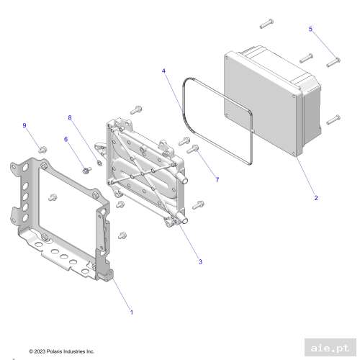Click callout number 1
(131, 312)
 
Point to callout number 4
(164, 71)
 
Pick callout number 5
(311, 30)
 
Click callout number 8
(71, 117)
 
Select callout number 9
(24, 126)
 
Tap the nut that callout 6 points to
(85, 170)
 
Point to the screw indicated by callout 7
(193, 150)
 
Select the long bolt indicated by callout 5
(333, 63)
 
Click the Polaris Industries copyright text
(61, 351)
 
